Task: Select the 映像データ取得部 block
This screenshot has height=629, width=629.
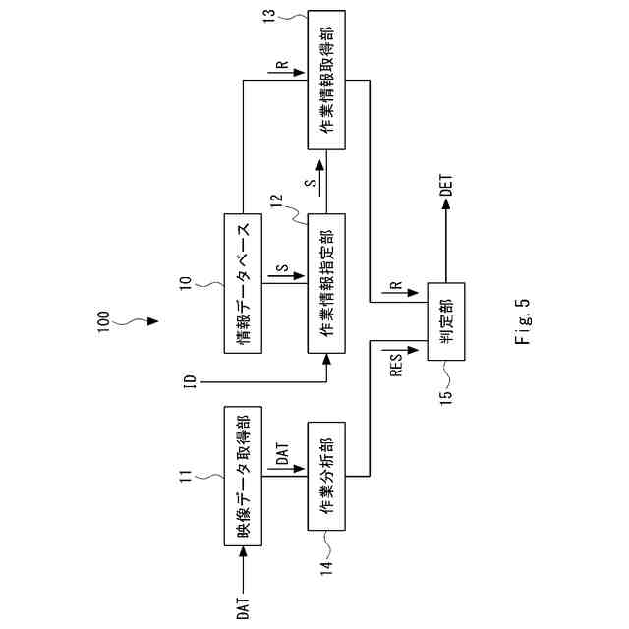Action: [x=243, y=474]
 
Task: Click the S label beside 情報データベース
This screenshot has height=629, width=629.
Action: [x=280, y=267]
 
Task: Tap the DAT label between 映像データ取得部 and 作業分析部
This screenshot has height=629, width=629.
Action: [x=281, y=453]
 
